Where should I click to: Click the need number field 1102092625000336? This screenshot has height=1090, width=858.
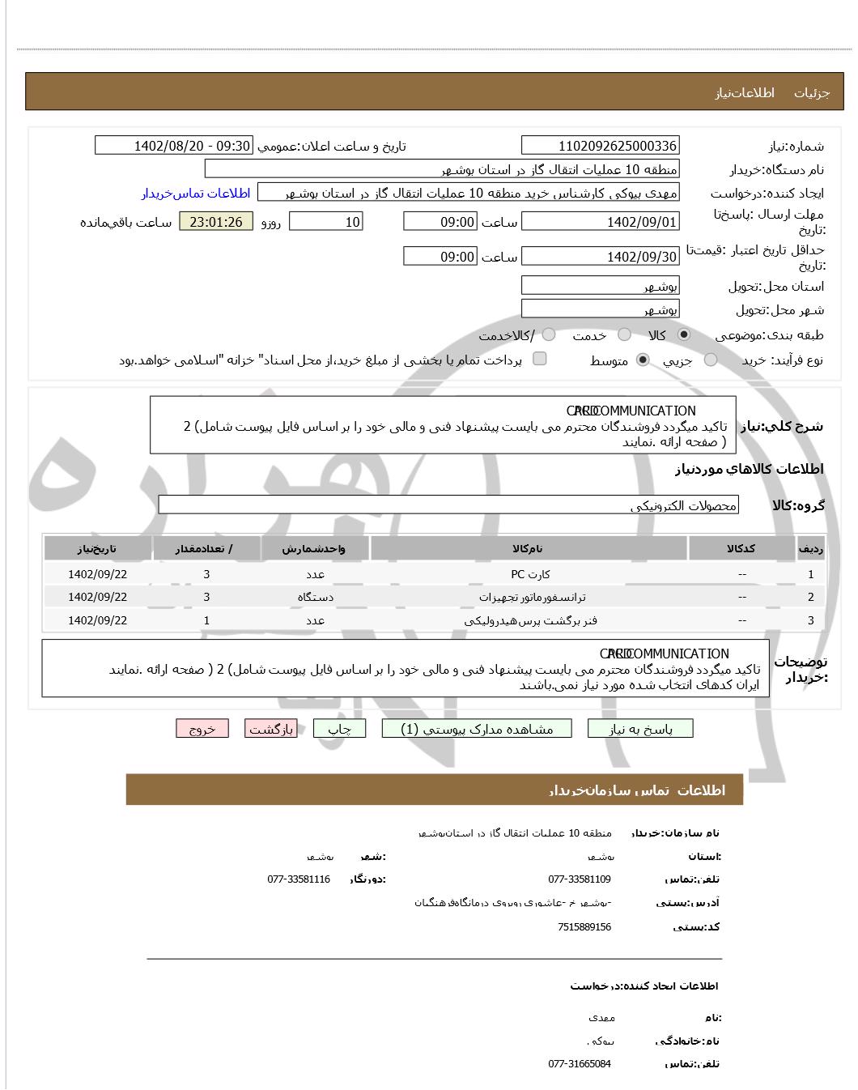click(600, 146)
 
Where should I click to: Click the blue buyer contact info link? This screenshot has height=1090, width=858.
click(196, 194)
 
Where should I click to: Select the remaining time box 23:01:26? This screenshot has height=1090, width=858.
click(215, 222)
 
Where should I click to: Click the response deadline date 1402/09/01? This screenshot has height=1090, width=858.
click(600, 222)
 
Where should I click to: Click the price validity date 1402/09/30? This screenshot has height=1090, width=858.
click(600, 258)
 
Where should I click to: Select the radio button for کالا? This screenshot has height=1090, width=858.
click(684, 334)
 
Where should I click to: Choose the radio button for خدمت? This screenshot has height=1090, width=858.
click(624, 334)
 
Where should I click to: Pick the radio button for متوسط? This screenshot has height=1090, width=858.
click(643, 360)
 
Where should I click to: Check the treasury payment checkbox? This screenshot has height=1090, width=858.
click(540, 359)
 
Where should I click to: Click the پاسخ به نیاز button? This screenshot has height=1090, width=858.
click(640, 729)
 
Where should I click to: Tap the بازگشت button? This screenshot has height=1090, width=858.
click(271, 729)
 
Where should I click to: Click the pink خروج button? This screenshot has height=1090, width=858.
click(202, 729)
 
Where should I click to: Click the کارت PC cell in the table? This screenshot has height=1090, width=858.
click(529, 574)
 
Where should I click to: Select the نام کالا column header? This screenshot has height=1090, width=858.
click(528, 548)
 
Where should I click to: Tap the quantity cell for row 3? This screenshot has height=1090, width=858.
click(206, 620)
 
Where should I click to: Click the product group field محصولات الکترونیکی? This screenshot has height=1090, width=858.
click(448, 505)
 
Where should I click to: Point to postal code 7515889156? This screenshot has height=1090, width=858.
click(584, 927)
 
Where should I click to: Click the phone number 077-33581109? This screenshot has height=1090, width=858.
click(580, 879)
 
